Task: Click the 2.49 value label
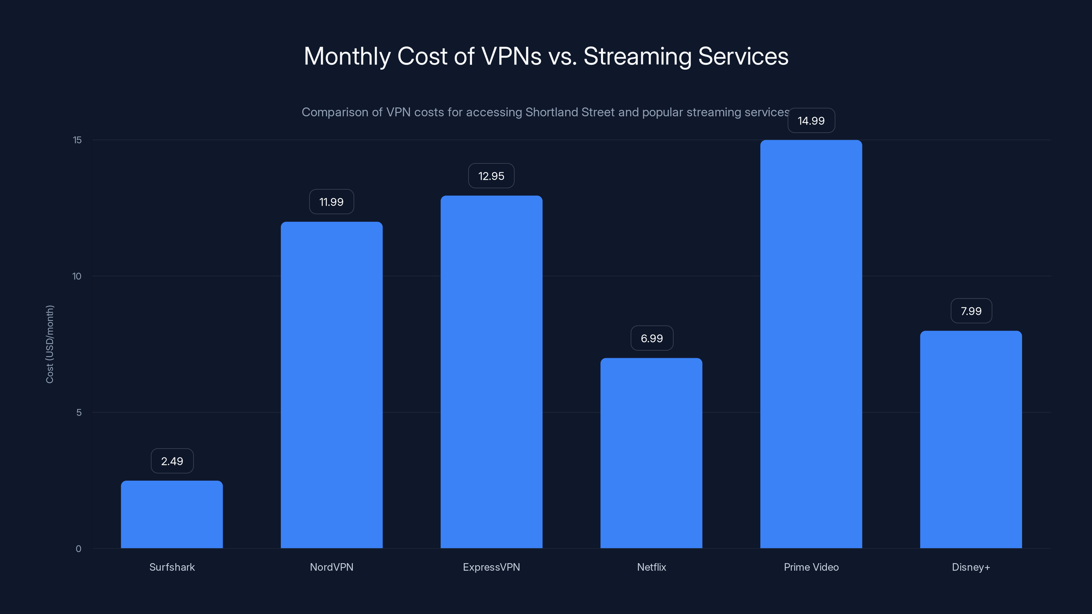click(x=172, y=461)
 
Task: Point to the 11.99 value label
click(x=331, y=202)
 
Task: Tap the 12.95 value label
click(x=491, y=176)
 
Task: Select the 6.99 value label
click(x=651, y=338)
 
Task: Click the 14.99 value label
click(x=811, y=121)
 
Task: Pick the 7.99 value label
click(x=971, y=311)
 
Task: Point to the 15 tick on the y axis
click(x=77, y=140)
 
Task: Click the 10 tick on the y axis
click(x=77, y=276)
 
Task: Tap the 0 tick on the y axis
click(x=78, y=549)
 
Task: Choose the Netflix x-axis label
click(x=651, y=567)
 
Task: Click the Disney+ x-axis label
click(x=971, y=567)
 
